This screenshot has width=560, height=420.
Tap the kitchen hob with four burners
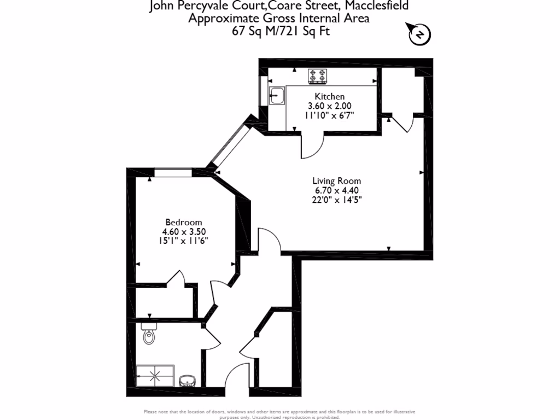317,76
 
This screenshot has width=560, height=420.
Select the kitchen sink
276,96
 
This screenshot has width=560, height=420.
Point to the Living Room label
336,181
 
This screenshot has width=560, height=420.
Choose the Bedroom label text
184,222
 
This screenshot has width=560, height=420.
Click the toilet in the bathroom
149,334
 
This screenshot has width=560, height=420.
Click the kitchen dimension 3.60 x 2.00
329,106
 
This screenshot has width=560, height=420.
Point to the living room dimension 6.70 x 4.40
336,190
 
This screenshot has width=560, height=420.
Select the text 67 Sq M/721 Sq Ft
281,31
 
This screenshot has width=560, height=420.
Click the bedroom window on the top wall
172,173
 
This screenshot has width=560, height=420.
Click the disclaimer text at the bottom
279,414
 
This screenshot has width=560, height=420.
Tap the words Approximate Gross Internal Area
279,19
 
